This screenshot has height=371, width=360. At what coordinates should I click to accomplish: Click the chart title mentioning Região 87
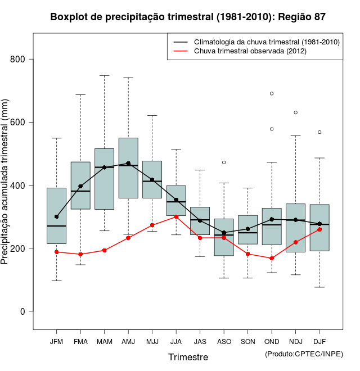(x=187, y=17)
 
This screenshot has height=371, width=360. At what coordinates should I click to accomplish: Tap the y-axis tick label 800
(x=22, y=60)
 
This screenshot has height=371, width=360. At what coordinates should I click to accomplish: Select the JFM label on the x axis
(x=56, y=342)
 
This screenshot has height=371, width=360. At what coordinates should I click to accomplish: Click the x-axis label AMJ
(x=128, y=342)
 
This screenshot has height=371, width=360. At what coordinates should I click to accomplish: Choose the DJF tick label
(x=319, y=342)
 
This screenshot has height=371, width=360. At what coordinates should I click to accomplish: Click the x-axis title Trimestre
(x=188, y=357)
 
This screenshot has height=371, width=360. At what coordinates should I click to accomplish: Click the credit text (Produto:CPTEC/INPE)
(x=304, y=354)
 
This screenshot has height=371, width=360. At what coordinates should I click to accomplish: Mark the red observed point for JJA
(x=176, y=216)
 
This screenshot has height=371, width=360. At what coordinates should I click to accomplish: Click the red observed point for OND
(x=272, y=258)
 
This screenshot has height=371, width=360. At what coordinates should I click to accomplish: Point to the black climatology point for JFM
(x=56, y=216)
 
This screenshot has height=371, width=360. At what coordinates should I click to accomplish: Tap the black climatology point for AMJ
(x=128, y=164)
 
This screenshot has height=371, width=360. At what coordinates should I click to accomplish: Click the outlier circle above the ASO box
(x=224, y=162)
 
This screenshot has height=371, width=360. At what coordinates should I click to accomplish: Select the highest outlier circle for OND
(x=272, y=94)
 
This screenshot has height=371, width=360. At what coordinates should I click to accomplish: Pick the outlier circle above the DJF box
(x=319, y=132)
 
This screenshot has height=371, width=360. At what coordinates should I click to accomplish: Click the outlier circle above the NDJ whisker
(x=295, y=112)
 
